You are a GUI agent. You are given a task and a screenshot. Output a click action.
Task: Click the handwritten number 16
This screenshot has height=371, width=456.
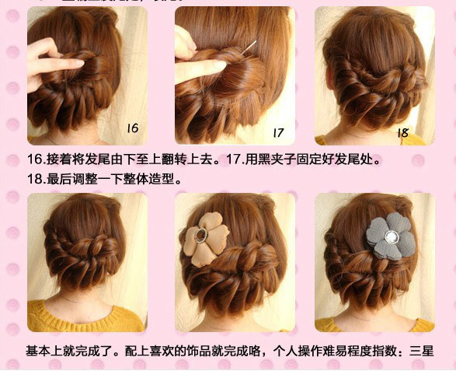point(132,127)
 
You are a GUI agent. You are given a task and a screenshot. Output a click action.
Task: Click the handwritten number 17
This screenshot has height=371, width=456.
point(277,131)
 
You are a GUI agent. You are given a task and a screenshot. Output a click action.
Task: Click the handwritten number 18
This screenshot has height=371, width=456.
point(402,132)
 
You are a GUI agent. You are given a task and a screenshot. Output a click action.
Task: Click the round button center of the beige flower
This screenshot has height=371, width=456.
point(203,235)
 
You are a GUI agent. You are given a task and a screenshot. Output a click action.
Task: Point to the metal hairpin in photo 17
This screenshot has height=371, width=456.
point(249,47)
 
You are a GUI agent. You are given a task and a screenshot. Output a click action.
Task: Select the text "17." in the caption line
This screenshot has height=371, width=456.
point(238,159)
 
